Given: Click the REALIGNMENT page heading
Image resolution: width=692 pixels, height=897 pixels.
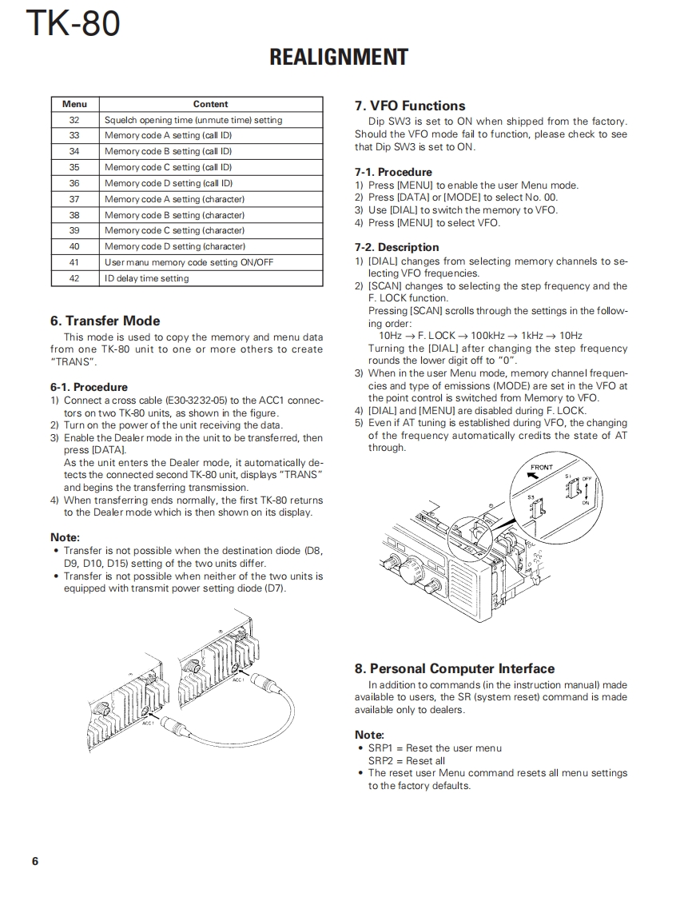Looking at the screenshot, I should (x=339, y=58).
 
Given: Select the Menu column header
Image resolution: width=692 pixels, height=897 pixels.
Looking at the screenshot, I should (x=74, y=104).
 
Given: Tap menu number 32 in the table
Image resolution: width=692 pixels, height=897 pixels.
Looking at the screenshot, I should (x=74, y=120).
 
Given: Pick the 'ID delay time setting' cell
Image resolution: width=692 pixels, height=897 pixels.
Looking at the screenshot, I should (x=147, y=278).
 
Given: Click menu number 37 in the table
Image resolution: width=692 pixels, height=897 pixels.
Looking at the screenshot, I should (x=74, y=199).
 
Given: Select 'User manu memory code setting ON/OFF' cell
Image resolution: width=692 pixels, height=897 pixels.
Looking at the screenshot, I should (x=189, y=262).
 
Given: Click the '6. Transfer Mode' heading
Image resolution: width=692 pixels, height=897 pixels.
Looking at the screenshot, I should (x=105, y=321).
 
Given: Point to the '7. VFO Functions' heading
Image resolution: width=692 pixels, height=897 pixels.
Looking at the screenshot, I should (x=410, y=106).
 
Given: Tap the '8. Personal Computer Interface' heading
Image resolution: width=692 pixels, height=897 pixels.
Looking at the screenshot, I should (x=454, y=668).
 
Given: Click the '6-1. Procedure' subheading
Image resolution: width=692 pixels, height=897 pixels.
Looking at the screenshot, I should (x=89, y=387).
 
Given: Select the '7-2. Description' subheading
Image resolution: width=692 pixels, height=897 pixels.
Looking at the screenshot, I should (x=396, y=247).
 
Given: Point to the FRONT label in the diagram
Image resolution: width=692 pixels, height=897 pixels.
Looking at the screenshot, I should (x=542, y=467).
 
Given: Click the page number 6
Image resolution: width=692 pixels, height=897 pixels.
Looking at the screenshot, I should (x=35, y=861).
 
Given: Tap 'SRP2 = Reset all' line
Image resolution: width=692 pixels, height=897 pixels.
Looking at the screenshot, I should (x=407, y=760).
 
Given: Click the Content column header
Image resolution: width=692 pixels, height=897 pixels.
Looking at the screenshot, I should (x=210, y=104).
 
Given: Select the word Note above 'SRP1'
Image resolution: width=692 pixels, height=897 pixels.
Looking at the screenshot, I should (x=369, y=735).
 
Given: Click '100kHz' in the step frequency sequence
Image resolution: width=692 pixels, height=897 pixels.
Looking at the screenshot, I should (x=491, y=336).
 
